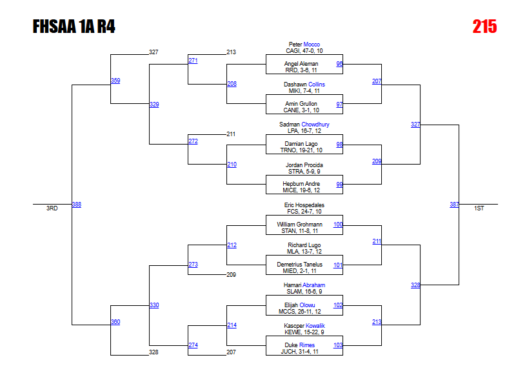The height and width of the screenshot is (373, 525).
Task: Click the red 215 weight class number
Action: coord(484,26)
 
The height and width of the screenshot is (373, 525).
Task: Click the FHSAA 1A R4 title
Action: coord(74,26)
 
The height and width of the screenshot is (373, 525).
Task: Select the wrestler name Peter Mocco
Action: coord(304,45)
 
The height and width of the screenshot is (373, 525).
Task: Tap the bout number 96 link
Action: coord(339,64)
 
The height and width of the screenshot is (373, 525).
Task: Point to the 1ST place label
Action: coord(479,208)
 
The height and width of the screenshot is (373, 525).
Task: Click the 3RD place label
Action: coord(52,208)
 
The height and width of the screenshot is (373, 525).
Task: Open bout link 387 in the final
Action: coord(454,205)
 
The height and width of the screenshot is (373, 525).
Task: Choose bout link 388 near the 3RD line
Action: coord(77,205)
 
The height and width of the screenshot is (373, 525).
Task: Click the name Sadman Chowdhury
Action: coord(304,125)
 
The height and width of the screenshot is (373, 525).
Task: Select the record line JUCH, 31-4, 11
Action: coord(304,351)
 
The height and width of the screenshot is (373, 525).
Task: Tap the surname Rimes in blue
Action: coord(307,345)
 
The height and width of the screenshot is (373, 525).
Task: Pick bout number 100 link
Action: coord(338,225)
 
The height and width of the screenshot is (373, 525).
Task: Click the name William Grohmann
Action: coord(304,225)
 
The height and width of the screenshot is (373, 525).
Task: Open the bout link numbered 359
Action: coord(115,81)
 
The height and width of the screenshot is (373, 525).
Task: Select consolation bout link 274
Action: coord(193,345)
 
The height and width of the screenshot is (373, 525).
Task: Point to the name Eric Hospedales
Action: coord(304,205)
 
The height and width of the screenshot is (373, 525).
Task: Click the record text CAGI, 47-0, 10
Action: coord(304,50)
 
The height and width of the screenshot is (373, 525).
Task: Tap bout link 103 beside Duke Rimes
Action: coord(338,345)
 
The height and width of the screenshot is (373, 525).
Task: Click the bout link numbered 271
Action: coord(193,61)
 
